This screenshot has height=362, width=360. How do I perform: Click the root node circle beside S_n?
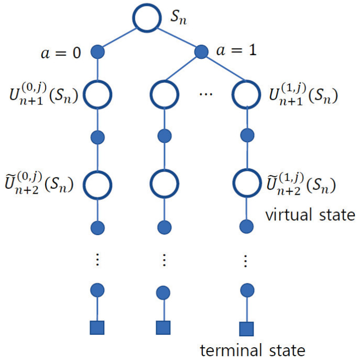point(147,18)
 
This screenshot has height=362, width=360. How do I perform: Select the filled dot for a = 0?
point(97,52)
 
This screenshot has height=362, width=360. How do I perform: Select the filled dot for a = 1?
point(201,52)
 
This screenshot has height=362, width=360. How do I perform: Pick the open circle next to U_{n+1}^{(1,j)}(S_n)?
point(246,94)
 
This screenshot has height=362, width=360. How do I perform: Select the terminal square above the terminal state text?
point(246,328)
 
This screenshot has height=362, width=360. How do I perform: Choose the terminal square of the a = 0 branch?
point(97,327)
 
